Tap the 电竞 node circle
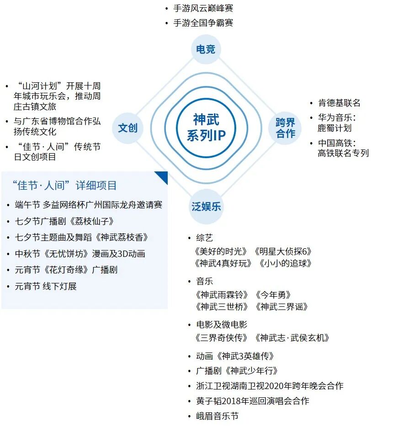[x=206, y=49]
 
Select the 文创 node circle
[x=127, y=128]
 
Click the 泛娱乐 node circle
[x=206, y=206]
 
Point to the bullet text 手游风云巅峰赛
[x=203, y=9]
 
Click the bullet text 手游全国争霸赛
[x=203, y=22]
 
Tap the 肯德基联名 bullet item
[x=339, y=103]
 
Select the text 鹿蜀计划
[x=334, y=128]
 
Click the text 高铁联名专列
[x=343, y=153]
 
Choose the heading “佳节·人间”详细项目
[x=65, y=185]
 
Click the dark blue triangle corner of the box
[x=163, y=176]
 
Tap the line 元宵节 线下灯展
[x=46, y=286]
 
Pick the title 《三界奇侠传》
[x=221, y=338]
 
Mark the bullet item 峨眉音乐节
[x=217, y=416]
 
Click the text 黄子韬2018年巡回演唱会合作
[x=253, y=401]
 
